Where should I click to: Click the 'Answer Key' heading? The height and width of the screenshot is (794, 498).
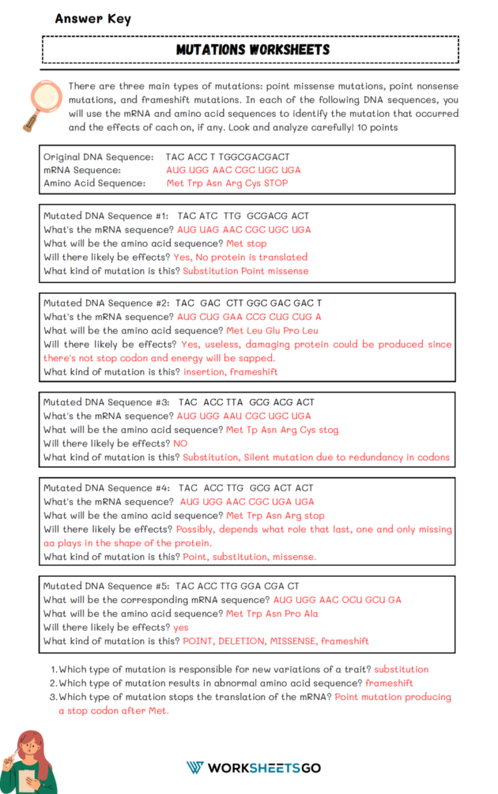93,19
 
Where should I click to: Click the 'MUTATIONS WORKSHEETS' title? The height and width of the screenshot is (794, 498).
253,50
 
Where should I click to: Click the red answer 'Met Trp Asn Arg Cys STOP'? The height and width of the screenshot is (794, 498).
227,183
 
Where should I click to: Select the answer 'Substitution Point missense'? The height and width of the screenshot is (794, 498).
246,270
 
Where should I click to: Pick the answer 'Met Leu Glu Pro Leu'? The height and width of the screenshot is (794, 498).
272,331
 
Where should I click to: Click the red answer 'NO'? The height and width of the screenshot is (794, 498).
180,443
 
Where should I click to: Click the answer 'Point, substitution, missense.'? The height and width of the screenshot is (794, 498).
250,556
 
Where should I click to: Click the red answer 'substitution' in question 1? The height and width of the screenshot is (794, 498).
401,669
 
